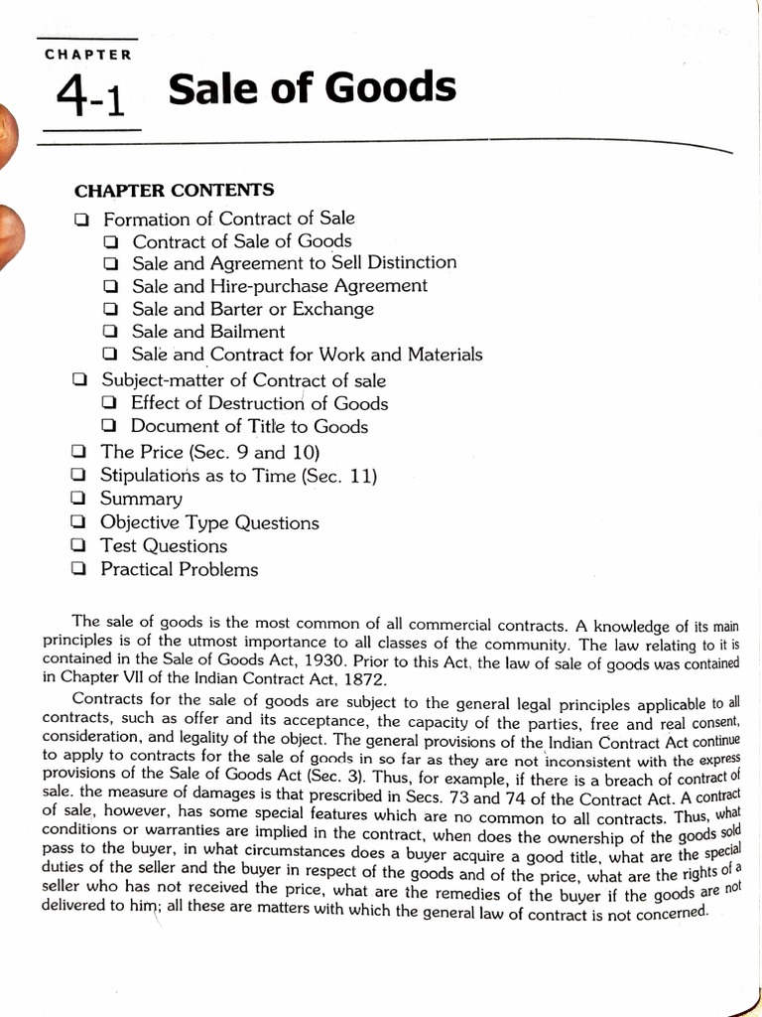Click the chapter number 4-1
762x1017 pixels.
coord(91,97)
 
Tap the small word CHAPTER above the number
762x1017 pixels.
coord(88,55)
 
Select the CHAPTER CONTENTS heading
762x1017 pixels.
coord(175,190)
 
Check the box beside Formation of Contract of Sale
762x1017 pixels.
coord(81,219)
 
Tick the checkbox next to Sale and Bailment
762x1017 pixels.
coord(111,333)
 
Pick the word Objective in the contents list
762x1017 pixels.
coord(137,522)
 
